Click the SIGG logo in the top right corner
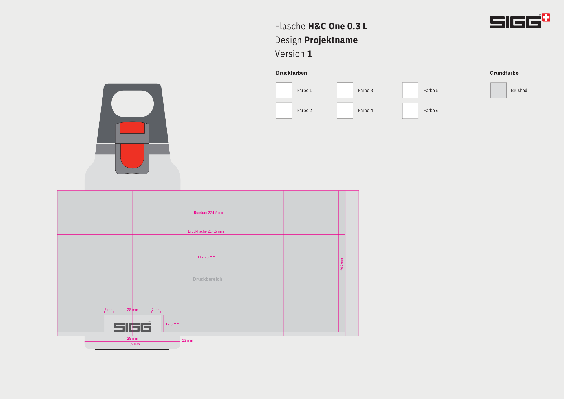pyautogui.click(x=520, y=21)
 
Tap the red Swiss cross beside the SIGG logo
pyautogui.click(x=546, y=17)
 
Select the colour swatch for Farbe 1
pyautogui.click(x=284, y=90)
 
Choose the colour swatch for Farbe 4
pyautogui.click(x=345, y=110)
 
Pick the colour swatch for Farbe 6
pyautogui.click(x=410, y=110)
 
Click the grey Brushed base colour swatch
pyautogui.click(x=498, y=90)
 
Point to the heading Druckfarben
pyautogui.click(x=291, y=73)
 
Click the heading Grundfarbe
pyautogui.click(x=504, y=73)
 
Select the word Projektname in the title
pyautogui.click(x=331, y=40)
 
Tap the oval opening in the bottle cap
pyautogui.click(x=133, y=104)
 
